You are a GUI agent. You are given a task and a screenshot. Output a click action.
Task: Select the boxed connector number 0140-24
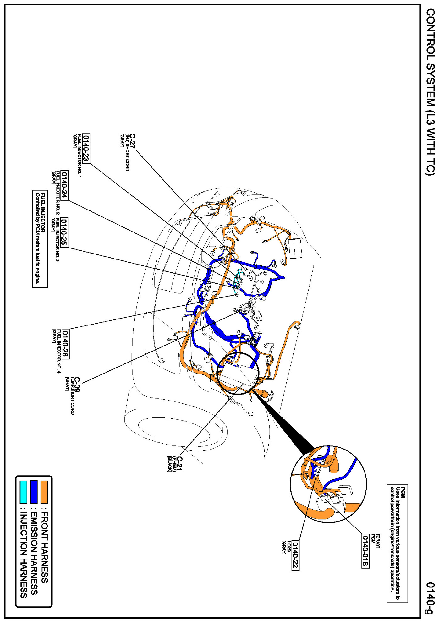64,185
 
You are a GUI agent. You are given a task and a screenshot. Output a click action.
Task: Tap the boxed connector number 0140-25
64,232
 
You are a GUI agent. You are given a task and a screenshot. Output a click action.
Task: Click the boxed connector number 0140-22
295,555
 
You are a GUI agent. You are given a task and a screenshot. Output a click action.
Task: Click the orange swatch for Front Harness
44,492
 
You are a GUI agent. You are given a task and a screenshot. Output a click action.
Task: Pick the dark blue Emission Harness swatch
34,492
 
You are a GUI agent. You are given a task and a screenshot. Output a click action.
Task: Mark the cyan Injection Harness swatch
23,492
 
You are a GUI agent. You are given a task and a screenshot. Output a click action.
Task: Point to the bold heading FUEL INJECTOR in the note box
43,213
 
